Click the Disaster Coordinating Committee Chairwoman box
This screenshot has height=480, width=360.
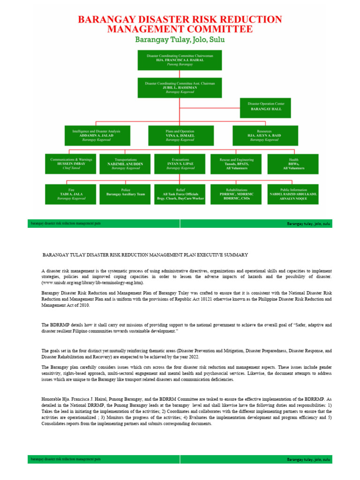click(180, 60)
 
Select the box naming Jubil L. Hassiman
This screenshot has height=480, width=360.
click(180, 88)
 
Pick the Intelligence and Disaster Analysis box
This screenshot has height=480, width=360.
click(97, 135)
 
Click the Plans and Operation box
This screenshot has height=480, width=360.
click(180, 135)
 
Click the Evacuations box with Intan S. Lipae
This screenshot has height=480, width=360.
click(180, 164)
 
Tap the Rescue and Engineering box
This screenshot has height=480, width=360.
click(236, 164)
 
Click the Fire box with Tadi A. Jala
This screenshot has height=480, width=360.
click(71, 194)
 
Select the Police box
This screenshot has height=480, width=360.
click(126, 194)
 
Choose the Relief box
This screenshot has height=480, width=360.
click(180, 194)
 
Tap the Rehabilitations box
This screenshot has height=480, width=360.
click(236, 194)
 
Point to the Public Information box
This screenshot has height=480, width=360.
click(293, 194)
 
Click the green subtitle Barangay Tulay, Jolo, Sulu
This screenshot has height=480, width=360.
click(180, 40)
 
